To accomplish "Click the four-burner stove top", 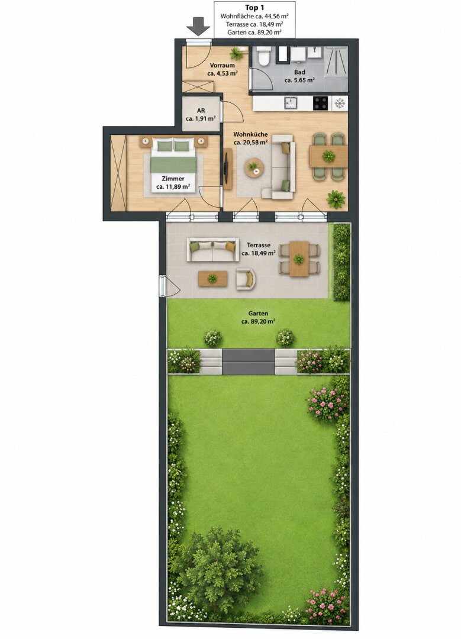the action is tap(321, 103).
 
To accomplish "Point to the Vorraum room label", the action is tap(222, 65).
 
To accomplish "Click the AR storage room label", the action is tap(201, 111).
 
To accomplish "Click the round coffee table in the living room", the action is tap(253, 166).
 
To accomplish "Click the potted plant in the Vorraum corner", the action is tap(235, 53).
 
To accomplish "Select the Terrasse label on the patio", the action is tap(259, 246).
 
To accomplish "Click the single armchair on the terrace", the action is tap(246, 279).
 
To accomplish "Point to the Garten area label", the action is tap(258, 314).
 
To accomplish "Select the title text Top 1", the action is tap(254, 8).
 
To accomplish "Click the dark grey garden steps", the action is tap(249, 362).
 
